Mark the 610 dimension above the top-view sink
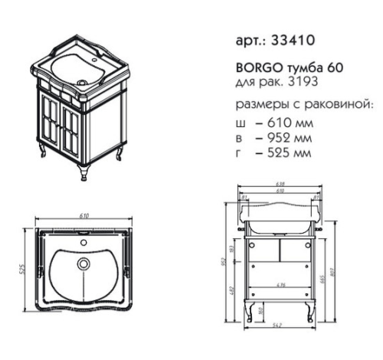tap(81, 218)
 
